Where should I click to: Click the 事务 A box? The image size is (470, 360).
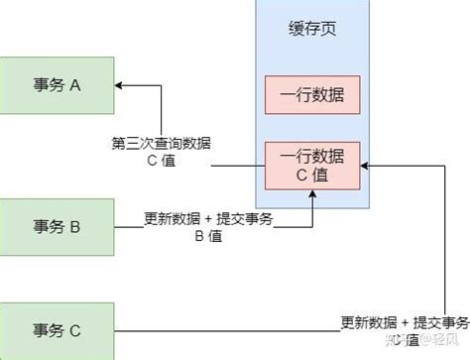pyautogui.click(x=57, y=85)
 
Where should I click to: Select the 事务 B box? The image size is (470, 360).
pyautogui.click(x=57, y=227)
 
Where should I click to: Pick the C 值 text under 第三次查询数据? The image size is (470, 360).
pyautogui.click(x=167, y=162)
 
